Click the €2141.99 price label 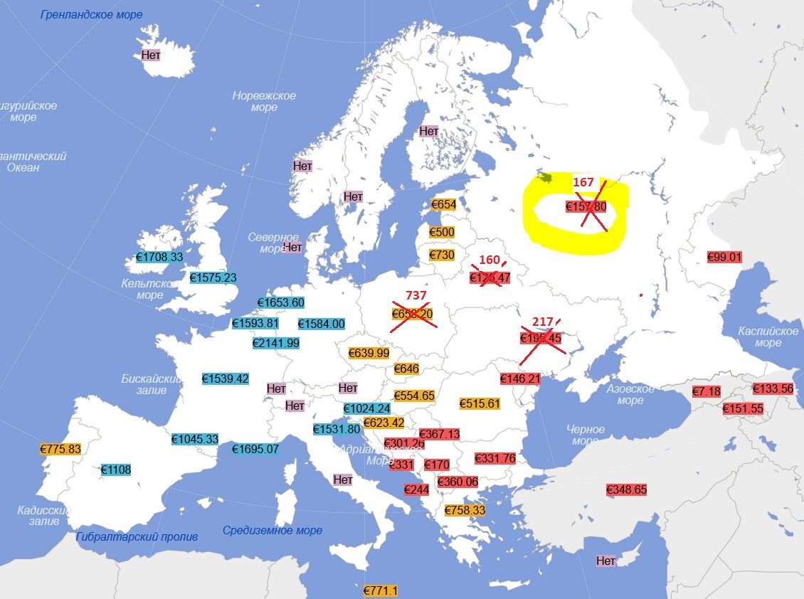point(276,343)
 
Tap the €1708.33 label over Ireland point(159,258)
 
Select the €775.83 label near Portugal point(60,449)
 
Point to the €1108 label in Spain point(116,470)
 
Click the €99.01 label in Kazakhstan point(724,258)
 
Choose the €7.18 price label point(707,391)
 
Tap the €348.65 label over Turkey point(626,489)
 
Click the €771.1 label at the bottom point(381,590)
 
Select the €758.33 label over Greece point(465,510)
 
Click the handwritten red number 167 point(583,183)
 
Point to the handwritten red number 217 point(542,322)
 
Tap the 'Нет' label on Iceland point(150,54)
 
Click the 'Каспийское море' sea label point(768,337)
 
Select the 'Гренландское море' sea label point(92,14)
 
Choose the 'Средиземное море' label point(273,531)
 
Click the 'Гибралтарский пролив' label point(137,536)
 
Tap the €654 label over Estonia point(443,205)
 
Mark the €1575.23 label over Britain point(213,277)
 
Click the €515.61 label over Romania point(480,403)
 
